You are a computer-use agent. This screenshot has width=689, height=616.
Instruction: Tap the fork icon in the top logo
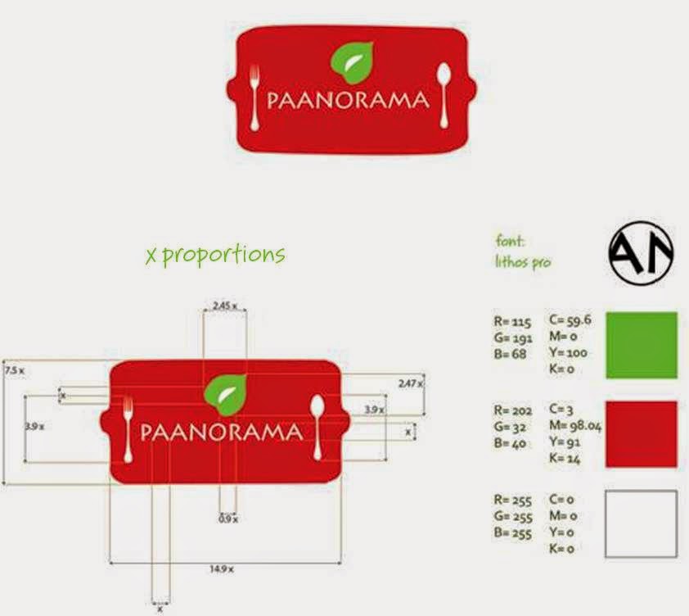[254, 96]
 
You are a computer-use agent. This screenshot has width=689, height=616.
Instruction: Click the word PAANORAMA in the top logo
[348, 101]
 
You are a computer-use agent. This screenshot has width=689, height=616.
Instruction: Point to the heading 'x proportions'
[214, 255]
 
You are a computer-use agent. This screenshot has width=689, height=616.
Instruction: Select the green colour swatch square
[641, 345]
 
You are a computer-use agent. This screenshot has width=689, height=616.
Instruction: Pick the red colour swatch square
[641, 434]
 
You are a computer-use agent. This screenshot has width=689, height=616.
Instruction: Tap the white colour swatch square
[641, 523]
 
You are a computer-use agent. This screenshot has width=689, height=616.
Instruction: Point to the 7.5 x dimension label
[14, 370]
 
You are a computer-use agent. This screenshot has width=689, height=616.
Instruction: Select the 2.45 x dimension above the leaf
[224, 306]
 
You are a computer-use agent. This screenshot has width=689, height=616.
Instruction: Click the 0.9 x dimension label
[228, 519]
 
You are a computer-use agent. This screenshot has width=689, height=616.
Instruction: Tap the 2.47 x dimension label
[411, 383]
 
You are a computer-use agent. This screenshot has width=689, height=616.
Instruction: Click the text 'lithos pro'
[523, 263]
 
